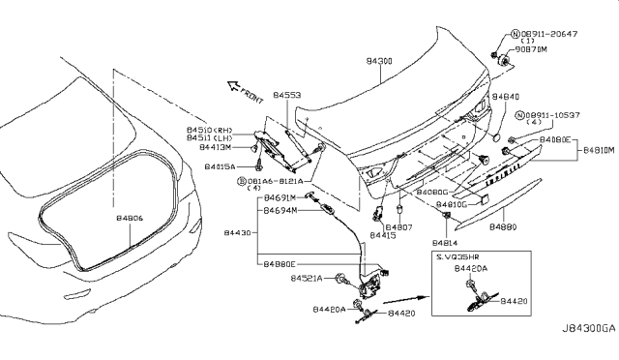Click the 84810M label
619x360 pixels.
tap(599, 151)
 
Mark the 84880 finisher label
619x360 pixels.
tap(504, 226)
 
